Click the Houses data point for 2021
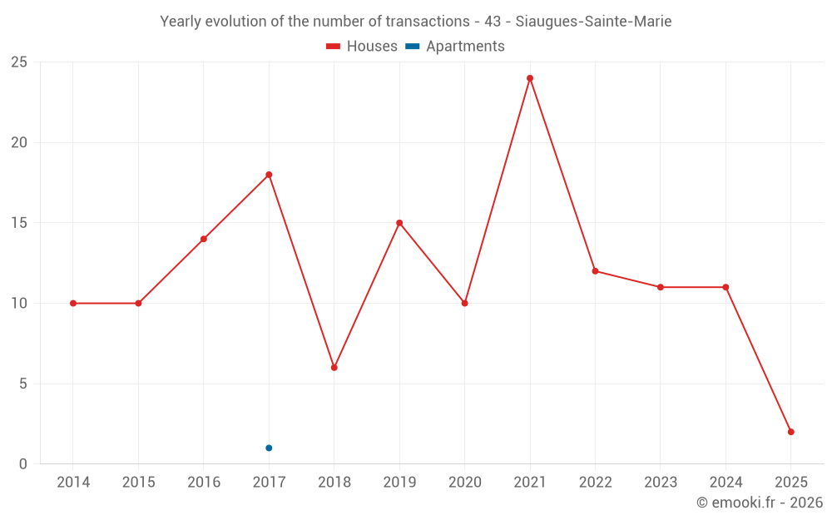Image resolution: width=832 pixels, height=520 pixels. click(530, 78)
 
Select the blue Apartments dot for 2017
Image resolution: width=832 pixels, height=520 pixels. click(269, 448)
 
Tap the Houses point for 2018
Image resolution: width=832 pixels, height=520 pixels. click(334, 368)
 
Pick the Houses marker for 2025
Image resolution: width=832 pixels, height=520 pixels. click(791, 432)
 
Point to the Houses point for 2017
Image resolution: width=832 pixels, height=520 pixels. click(269, 175)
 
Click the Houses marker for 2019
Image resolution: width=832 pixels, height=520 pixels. click(399, 223)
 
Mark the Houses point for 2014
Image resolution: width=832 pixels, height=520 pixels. click(73, 303)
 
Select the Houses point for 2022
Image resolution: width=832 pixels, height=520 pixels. click(595, 271)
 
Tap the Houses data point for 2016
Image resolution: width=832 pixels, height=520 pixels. click(204, 239)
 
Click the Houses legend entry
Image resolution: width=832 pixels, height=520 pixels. click(362, 47)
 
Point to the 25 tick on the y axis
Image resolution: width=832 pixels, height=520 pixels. click(19, 62)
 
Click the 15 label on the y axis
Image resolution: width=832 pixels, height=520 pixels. click(19, 223)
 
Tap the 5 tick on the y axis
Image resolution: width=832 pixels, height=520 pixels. click(23, 384)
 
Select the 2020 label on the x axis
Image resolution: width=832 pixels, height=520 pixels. click(465, 483)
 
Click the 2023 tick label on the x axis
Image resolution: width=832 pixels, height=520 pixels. click(661, 483)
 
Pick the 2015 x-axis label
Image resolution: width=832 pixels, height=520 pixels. click(138, 483)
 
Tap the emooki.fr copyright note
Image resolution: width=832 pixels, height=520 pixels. click(759, 503)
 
